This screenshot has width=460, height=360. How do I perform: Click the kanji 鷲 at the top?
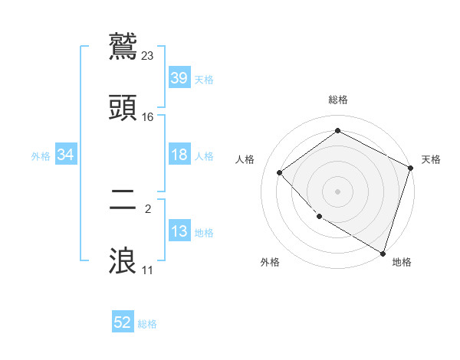coord(124,46)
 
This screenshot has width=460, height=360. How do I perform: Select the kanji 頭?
coord(124,108)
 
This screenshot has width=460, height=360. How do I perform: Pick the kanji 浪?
coord(124,260)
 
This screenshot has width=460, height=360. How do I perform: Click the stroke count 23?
coord(148,55)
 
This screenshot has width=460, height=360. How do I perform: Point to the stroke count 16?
coord(148,117)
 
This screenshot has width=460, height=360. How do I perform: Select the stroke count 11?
coord(148,270)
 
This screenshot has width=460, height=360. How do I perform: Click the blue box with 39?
coord(179,78)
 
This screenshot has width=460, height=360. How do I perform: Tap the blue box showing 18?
coord(179,155)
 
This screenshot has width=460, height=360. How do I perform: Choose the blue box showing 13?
coord(179,231)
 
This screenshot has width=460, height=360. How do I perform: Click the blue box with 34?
coord(66,155)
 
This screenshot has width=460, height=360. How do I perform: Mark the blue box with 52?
coord(123,322)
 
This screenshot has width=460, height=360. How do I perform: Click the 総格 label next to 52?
coord(147,324)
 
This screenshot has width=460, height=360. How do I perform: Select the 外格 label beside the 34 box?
coord(41,155)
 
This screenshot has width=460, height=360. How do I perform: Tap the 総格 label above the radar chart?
coord(338,100)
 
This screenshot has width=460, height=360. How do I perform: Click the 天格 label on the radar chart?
coord(431,159)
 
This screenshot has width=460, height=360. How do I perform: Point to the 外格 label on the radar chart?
coord(269,262)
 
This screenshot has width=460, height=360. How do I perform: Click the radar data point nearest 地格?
coord(383,252)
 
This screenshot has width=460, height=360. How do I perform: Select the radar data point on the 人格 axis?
coord(280,172)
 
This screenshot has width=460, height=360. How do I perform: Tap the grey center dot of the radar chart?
coord(337,191)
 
